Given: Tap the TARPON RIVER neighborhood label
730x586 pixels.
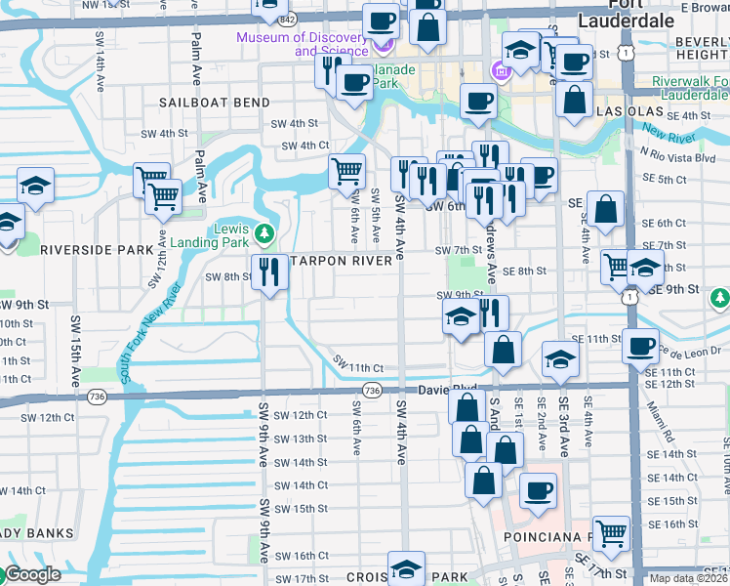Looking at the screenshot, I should click(x=342, y=261).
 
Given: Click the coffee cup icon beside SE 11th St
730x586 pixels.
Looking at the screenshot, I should click(x=640, y=346).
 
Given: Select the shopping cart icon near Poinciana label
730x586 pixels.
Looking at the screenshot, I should click(x=611, y=532).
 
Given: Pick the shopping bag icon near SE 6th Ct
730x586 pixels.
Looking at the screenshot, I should click(x=605, y=207).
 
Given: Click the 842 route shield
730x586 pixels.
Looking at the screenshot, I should click(x=286, y=20).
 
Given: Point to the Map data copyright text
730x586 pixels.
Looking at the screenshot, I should click(x=689, y=578).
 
